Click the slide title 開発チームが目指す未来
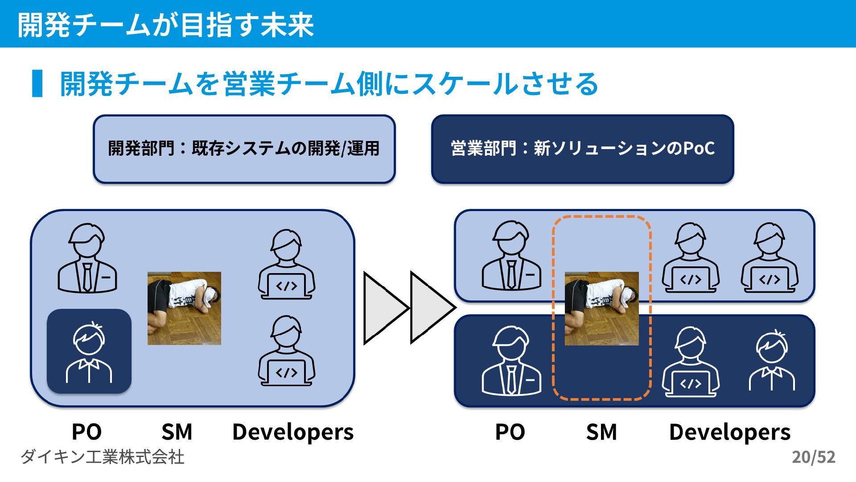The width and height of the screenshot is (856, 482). click(166, 25)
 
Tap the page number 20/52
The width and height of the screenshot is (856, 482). click(813, 457)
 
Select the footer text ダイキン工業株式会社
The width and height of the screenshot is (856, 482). click(103, 457)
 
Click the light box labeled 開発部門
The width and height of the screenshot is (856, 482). click(244, 149)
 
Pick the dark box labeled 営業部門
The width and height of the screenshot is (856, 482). click(582, 149)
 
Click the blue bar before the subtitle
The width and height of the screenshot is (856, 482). click(37, 83)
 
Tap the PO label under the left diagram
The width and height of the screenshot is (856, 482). click(87, 432)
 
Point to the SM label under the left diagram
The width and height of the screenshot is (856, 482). click(177, 432)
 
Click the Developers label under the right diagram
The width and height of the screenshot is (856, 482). click(730, 432)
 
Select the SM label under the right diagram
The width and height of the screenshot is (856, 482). click(601, 432)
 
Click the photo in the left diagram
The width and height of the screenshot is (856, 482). click(184, 308)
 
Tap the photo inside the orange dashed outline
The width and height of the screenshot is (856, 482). click(601, 308)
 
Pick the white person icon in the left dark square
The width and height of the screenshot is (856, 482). click(89, 353)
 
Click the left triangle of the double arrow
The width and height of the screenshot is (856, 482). click(383, 308)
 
